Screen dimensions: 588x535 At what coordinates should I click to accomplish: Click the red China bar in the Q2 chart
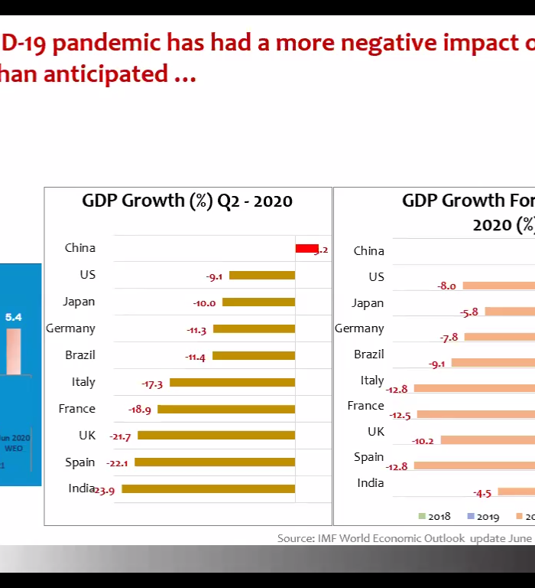306,248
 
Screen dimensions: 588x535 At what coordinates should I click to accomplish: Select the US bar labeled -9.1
261,275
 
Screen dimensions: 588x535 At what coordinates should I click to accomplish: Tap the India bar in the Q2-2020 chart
208,488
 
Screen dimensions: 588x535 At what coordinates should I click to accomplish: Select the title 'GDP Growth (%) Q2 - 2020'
187,201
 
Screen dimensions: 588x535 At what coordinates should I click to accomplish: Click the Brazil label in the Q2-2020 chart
80,355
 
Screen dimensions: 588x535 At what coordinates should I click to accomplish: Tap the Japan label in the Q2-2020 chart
79,302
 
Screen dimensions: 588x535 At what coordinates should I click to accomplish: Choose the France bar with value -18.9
225,409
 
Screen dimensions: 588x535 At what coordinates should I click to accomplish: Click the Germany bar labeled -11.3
254,328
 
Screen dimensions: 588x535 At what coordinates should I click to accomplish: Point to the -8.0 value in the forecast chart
446,286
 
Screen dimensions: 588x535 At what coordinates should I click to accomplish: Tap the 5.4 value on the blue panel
14,317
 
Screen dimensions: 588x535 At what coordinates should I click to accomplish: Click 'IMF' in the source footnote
331,538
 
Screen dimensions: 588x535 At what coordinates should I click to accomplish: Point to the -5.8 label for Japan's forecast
469,312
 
